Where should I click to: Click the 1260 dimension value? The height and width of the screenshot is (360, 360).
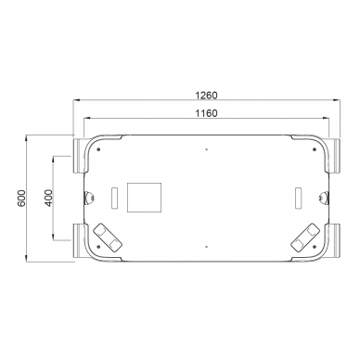(x=207, y=94)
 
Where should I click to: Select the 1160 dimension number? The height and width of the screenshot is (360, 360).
(x=206, y=113)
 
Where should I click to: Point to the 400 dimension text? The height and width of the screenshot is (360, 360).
(x=48, y=199)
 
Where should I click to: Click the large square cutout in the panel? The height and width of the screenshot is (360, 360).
(x=143, y=198)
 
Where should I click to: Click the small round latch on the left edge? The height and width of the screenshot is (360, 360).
(x=90, y=197)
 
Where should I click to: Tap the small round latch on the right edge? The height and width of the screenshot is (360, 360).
(x=321, y=197)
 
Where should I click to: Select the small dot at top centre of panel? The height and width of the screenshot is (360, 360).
(x=206, y=149)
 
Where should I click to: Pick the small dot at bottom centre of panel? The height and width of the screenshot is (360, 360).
(x=206, y=248)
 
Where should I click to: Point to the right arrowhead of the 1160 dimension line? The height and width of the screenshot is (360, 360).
(x=327, y=120)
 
